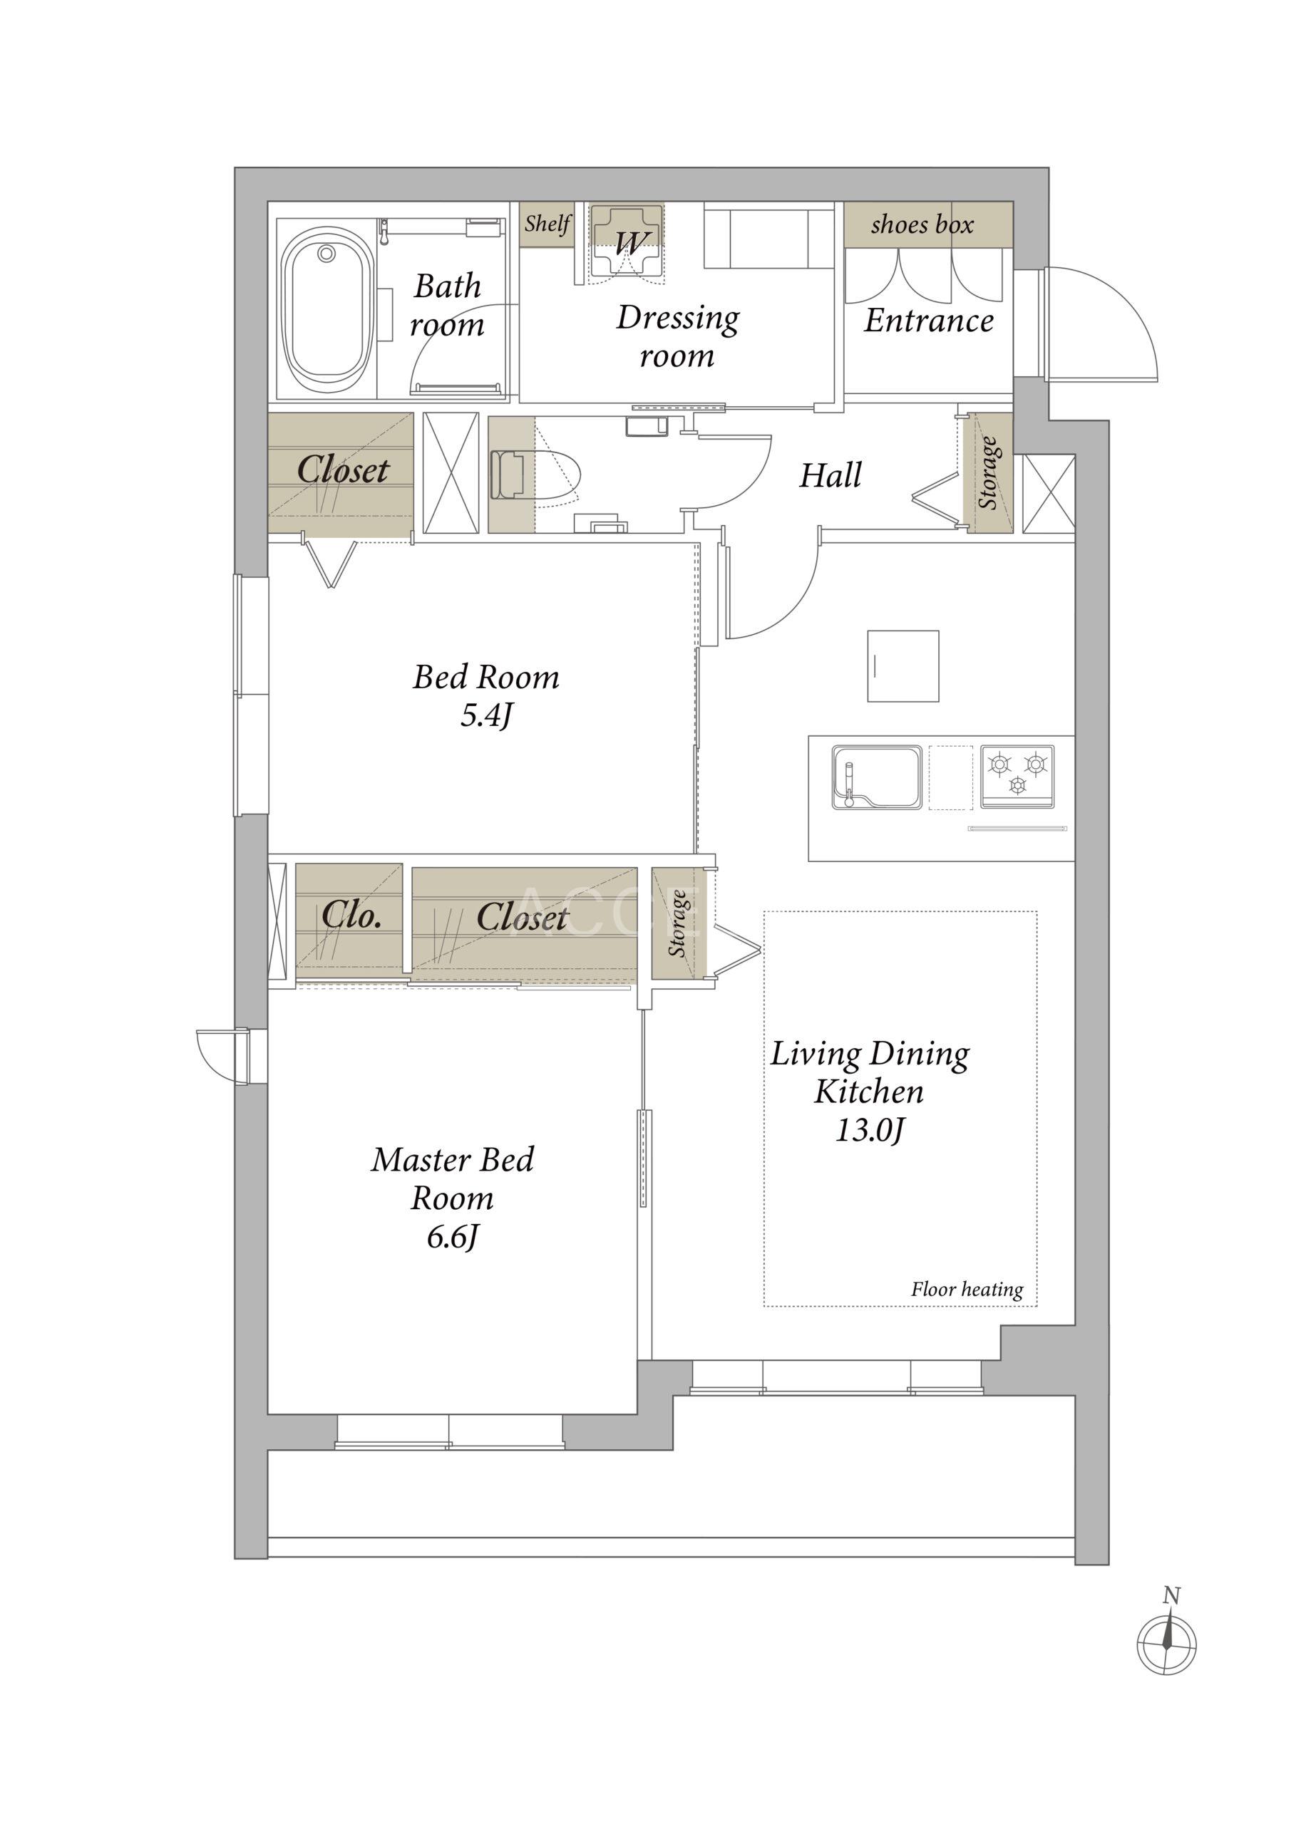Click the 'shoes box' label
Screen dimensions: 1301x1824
point(922,225)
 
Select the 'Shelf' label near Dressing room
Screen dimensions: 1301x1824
point(548,224)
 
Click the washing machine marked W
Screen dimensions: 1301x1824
point(627,244)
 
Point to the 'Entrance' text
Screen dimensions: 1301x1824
point(928,321)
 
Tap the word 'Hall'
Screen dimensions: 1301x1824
point(831,476)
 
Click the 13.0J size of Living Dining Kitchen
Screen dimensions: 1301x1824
point(870,1131)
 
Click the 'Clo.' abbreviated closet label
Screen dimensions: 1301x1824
point(351,915)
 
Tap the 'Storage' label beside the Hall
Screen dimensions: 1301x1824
point(988,473)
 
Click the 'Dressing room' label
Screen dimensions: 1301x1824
point(678,337)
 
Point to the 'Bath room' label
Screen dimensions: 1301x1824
point(447,305)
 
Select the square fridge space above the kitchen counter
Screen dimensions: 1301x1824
point(903,666)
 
